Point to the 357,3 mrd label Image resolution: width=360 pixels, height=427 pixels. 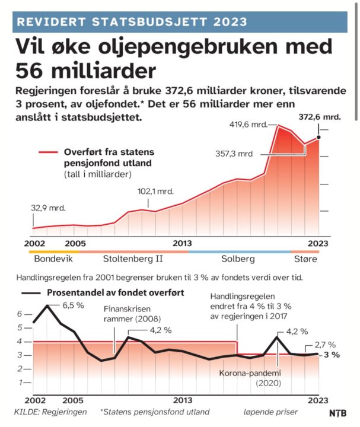pos(234,153)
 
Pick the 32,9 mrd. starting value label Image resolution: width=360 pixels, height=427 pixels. pos(47,208)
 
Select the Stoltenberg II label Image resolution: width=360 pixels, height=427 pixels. pos(133,259)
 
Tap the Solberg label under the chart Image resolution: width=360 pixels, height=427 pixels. pos(238,259)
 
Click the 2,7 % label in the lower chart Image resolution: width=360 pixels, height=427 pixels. pos(325,344)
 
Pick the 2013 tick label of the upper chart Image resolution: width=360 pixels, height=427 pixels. pos(182,243)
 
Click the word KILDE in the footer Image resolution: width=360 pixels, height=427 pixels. pos(27,412)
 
